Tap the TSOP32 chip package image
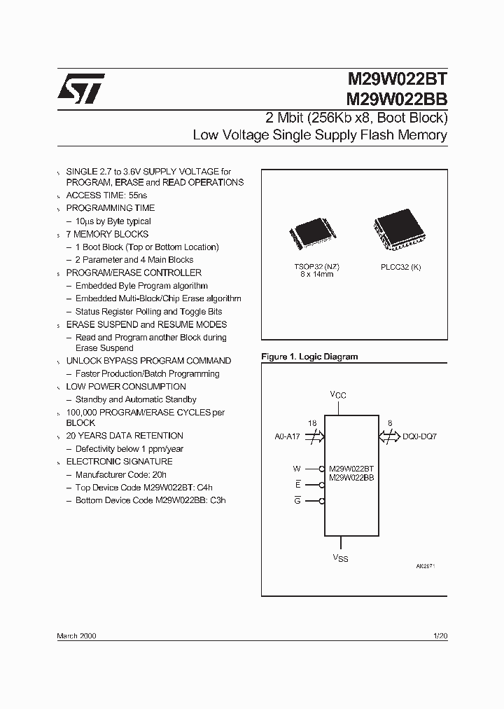pos(311,236)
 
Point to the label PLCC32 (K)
pos(401,266)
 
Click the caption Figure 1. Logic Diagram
pos(309,357)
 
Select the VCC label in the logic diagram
pos(338,395)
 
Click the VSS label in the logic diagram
pos(340,558)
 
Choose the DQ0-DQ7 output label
pos(420,436)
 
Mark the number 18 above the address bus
pos(312,423)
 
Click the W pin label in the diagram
pos(296,469)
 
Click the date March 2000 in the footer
pos(76,635)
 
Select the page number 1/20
pos(440,635)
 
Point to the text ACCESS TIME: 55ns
pos(106,195)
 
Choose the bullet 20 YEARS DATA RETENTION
pos(125,436)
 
